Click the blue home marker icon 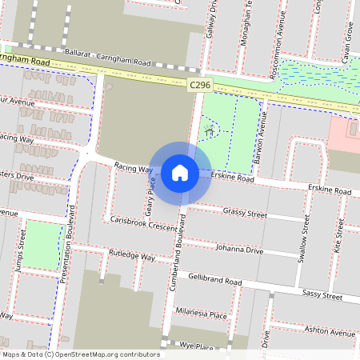point(180,172)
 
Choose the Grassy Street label point(245,214)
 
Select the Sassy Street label point(322,296)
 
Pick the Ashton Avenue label point(329,332)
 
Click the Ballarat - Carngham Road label point(108,58)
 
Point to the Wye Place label point(196,347)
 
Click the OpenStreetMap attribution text point(80,354)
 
